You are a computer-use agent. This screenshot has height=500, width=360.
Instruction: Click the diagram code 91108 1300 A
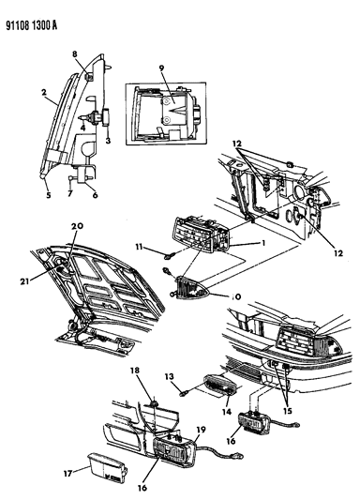coord(31,25)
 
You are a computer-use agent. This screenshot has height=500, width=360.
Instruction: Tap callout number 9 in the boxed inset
coord(161,68)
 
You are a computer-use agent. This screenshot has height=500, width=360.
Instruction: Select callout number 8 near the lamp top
coord(75,54)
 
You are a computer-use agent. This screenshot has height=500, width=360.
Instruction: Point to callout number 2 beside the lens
coord(44,92)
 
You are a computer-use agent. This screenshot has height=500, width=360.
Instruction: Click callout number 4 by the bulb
coord(82,128)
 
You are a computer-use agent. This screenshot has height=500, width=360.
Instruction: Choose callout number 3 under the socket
coord(108,140)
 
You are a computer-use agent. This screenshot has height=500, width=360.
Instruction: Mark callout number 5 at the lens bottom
coord(49,195)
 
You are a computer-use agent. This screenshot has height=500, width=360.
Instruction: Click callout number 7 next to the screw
coord(70,193)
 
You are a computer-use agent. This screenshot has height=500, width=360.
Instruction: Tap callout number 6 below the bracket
coord(95,195)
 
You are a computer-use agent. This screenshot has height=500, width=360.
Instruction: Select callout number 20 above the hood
coord(77,226)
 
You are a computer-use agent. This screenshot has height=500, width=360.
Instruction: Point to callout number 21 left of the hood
coord(25,281)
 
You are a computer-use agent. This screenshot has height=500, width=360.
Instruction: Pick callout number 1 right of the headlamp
coord(263,243)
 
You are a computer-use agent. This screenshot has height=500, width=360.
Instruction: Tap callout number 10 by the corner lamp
coord(235,296)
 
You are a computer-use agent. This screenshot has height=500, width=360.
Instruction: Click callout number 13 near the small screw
coord(169,376)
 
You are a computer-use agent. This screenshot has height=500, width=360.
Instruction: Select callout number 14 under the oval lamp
coord(227,412)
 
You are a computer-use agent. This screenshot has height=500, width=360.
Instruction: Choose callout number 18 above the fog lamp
coord(135,371)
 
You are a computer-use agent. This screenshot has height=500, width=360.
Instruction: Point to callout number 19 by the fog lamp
coord(201,430)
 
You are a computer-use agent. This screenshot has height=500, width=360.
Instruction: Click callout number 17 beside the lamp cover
coord(67,473)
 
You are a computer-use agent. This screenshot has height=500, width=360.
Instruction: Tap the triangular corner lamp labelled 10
coord(191,288)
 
